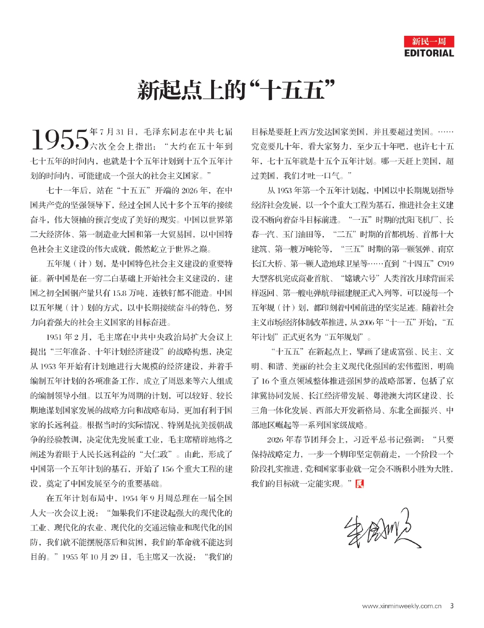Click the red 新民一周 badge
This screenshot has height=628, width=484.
point(429,41)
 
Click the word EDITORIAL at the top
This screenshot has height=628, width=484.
point(429,53)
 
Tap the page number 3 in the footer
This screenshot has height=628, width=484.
point(452,606)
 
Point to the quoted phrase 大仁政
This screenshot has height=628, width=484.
point(159,454)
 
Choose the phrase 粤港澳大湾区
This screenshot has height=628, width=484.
point(393,395)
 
